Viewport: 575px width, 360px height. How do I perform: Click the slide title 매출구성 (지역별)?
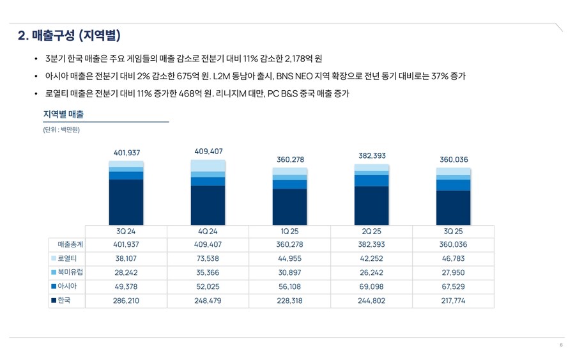point(70,35)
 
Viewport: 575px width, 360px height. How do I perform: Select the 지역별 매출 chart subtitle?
point(63,114)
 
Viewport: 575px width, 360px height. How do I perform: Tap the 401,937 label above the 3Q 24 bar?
point(126,153)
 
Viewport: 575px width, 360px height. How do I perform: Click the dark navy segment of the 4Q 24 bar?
point(208,205)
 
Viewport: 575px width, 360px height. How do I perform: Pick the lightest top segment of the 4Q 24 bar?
point(208,166)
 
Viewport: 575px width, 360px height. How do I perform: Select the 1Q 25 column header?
point(289,231)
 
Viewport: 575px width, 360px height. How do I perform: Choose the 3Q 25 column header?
point(453,231)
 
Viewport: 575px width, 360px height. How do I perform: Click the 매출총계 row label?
point(70,245)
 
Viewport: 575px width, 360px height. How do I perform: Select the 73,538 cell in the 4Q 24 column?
point(208,259)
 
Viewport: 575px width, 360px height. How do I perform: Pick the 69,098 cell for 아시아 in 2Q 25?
point(371,286)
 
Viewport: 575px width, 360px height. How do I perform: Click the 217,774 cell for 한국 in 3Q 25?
point(453,301)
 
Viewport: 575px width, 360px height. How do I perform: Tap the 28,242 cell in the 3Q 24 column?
point(126,272)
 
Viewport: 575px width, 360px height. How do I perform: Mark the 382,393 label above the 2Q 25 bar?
point(372,155)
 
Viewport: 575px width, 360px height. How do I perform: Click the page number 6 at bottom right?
point(561,345)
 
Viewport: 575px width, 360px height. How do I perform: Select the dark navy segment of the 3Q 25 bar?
point(453,208)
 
